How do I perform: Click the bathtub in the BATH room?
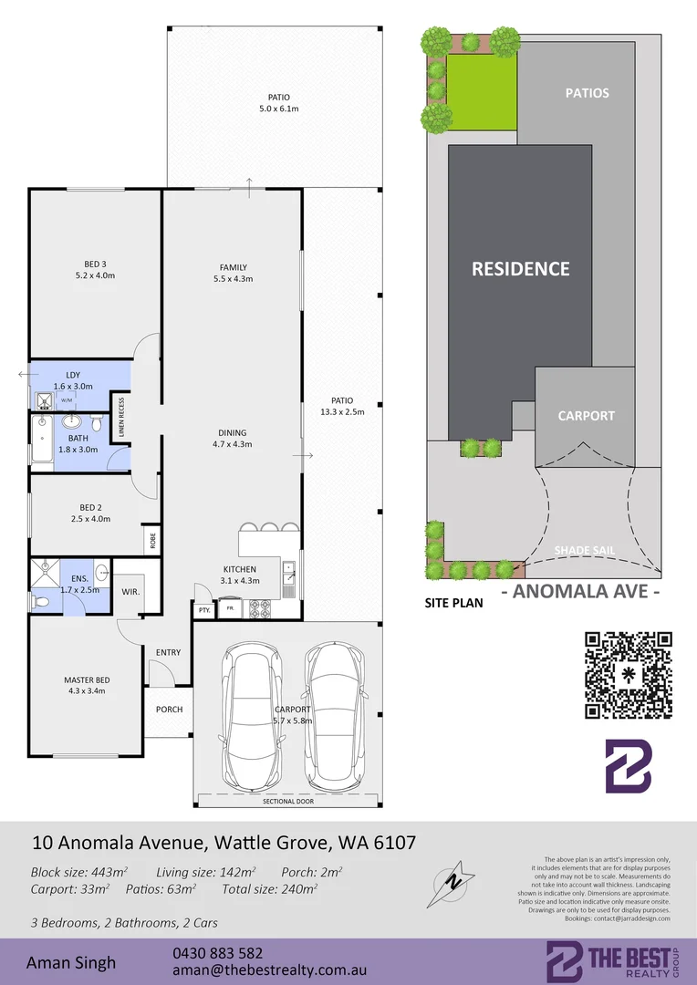click(x=42, y=442)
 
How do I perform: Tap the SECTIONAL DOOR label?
click(x=286, y=802)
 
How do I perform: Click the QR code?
click(x=628, y=674)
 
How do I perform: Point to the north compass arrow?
click(x=453, y=880)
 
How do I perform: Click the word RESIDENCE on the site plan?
click(x=520, y=269)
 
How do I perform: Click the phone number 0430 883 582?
click(x=217, y=952)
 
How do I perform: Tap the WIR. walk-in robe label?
click(x=130, y=591)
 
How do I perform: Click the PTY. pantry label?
click(x=203, y=609)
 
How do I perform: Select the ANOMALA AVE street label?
click(x=581, y=590)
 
